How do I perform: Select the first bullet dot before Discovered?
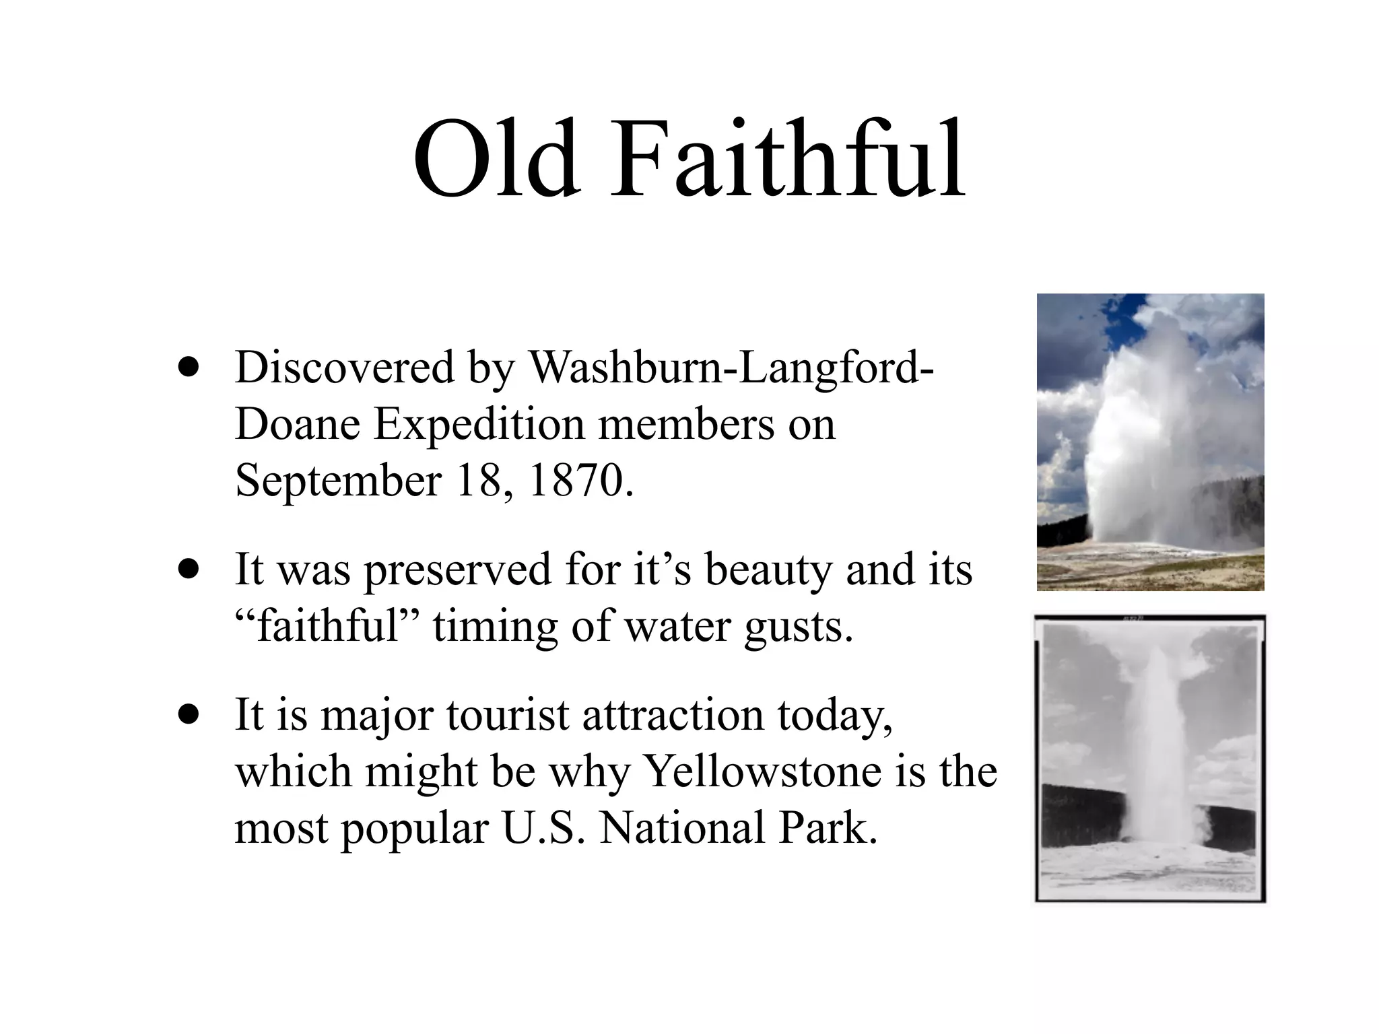point(189,368)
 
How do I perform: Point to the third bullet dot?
point(189,715)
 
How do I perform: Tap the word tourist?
point(507,715)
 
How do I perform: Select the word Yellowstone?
point(763,771)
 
